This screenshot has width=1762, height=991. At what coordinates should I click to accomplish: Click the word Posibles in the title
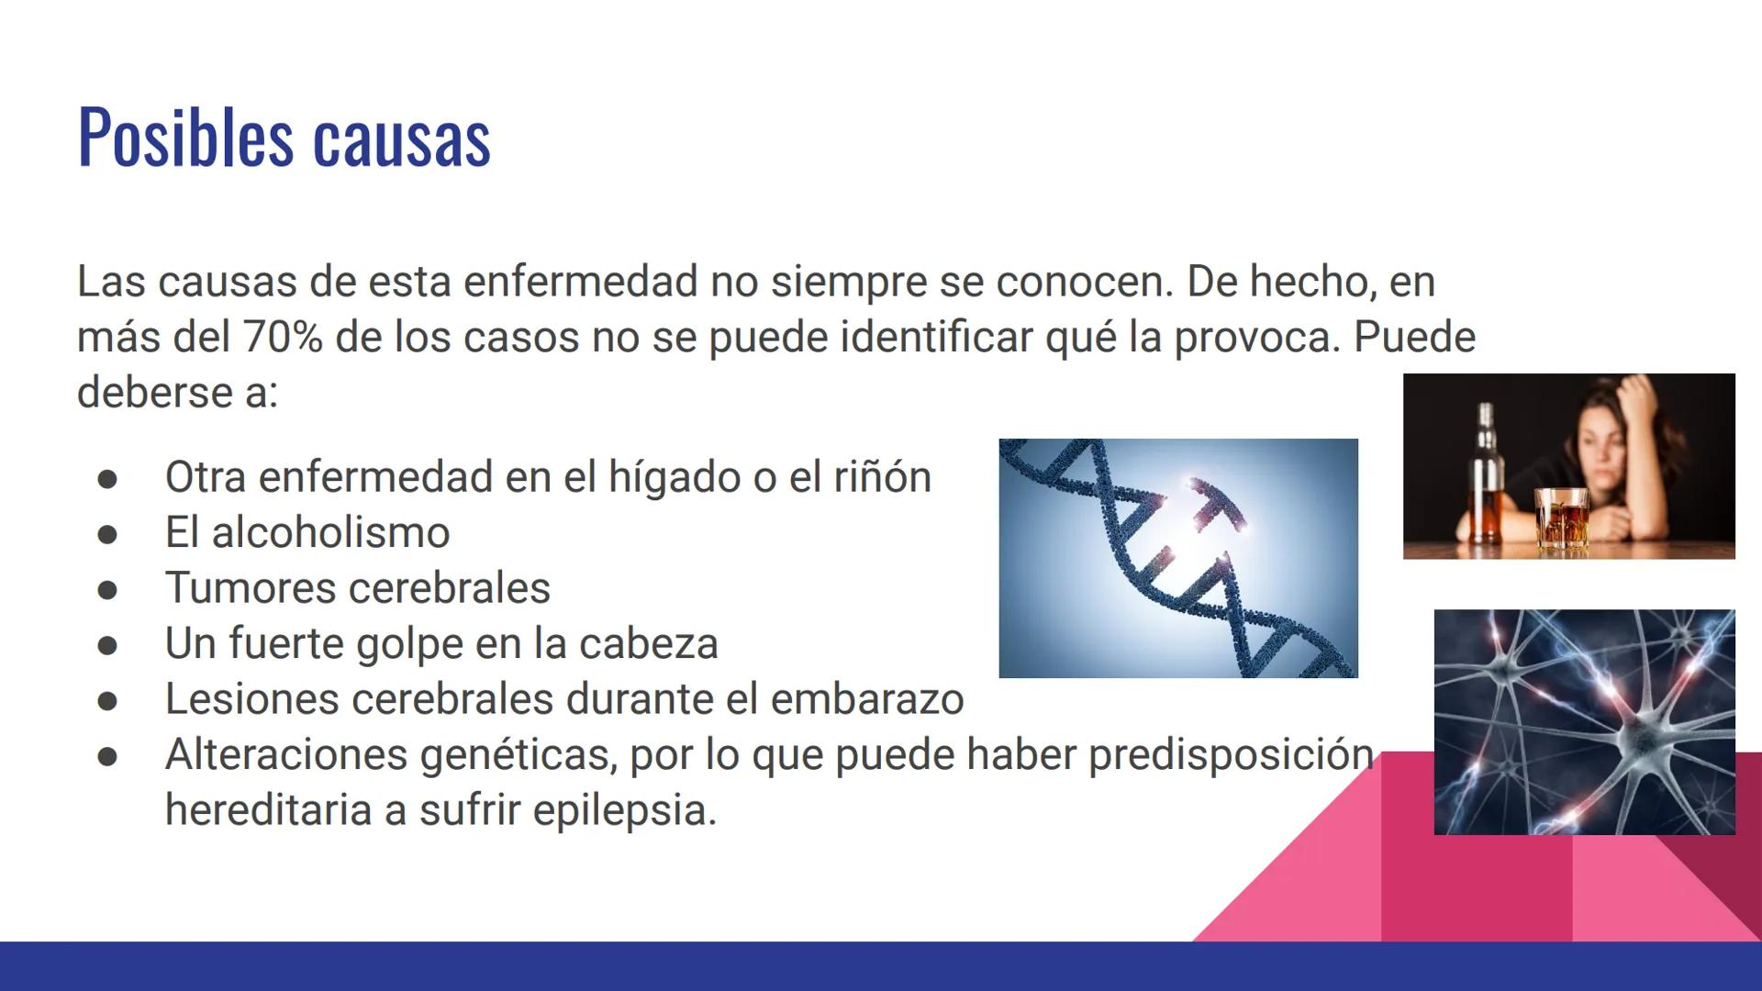[184, 138]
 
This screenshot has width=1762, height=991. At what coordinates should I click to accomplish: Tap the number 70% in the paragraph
[283, 337]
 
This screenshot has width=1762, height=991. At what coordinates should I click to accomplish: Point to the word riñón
[882, 477]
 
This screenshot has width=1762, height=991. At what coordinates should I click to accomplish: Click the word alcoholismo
[330, 533]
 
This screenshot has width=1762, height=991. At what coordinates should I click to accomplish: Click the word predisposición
[1231, 755]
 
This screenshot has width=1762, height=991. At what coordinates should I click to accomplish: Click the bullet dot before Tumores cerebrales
[107, 590]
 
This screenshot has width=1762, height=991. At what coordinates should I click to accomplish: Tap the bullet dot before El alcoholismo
[107, 534]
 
